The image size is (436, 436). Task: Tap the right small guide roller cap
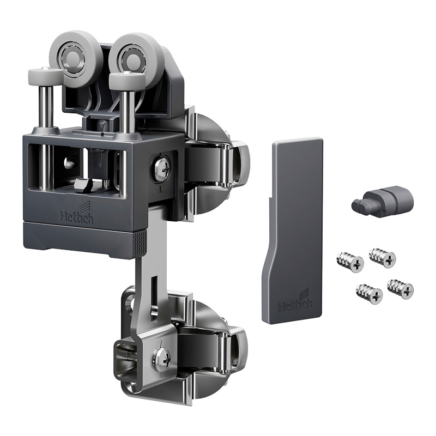[128, 77]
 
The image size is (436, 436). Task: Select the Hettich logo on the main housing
[77, 214]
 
